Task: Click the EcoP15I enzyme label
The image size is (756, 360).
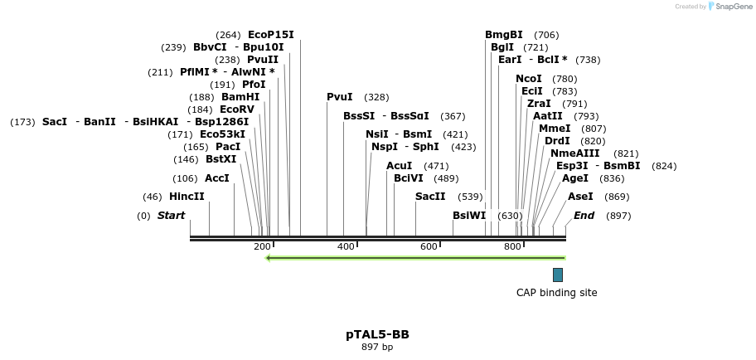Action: [x=271, y=35]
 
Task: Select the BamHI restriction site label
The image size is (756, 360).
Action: [x=240, y=97]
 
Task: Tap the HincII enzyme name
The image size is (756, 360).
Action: [x=187, y=197]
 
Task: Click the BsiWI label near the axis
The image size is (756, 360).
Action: [x=469, y=216]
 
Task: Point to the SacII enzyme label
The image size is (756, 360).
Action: [x=430, y=197]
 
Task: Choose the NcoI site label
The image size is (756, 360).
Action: [x=529, y=79]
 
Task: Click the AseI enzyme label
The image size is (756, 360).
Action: [x=580, y=197]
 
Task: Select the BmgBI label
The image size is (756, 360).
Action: [x=504, y=35]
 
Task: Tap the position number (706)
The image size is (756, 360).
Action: [x=546, y=35]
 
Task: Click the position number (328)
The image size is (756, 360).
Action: [x=376, y=97]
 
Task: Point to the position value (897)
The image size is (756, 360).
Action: [x=618, y=216]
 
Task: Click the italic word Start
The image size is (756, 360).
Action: [x=172, y=216]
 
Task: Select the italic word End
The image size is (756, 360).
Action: [x=584, y=216]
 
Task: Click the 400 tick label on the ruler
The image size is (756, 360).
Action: [x=346, y=246]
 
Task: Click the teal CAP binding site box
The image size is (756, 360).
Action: [x=558, y=275]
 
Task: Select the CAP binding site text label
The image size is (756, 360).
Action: [x=556, y=293]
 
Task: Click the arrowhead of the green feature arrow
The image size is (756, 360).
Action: [x=269, y=257]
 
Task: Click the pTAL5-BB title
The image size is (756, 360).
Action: [x=377, y=335]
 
